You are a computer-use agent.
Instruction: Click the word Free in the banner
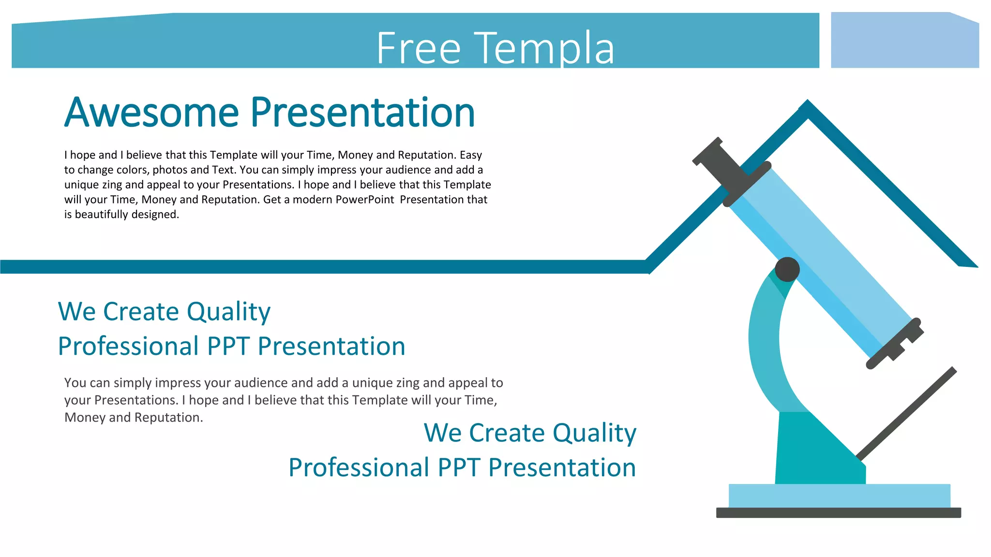pos(418,48)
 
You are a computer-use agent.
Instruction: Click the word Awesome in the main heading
pos(151,113)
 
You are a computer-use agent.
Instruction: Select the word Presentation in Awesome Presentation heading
pos(363,113)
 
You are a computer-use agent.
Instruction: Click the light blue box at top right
pos(904,41)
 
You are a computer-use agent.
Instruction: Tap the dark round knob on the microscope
pos(787,269)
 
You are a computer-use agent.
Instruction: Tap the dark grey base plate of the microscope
pos(838,513)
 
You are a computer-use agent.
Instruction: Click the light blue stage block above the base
pos(839,496)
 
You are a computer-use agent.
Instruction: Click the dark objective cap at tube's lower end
pos(895,344)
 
